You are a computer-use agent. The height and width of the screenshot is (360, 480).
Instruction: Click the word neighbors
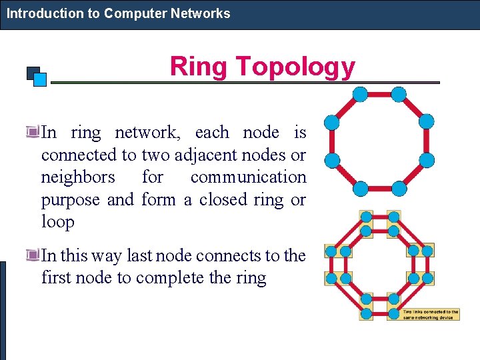(x=77, y=177)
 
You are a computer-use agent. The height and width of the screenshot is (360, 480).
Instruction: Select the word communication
(x=248, y=177)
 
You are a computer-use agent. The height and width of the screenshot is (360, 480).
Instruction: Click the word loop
(x=58, y=221)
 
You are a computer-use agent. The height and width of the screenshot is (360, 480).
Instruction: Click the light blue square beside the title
(x=40, y=79)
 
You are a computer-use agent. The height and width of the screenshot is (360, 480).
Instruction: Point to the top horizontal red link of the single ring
(x=379, y=94)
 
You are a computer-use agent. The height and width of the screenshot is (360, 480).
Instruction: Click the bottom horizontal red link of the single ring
(x=379, y=188)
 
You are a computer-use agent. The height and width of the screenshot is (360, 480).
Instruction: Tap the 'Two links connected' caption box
(x=430, y=314)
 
